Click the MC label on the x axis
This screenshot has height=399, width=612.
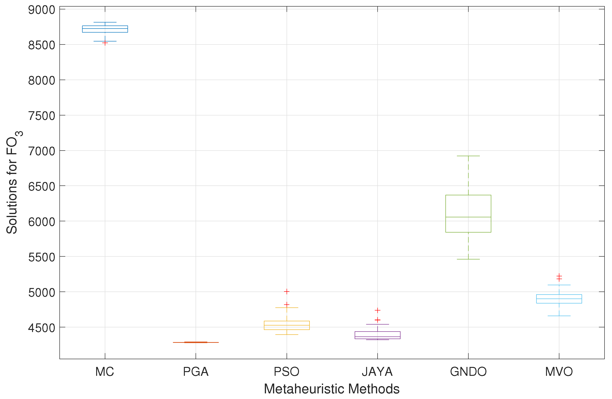(105, 372)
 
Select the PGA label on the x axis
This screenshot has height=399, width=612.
(196, 372)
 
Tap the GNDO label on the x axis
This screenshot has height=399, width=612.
(468, 372)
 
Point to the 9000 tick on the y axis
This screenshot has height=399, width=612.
(42, 10)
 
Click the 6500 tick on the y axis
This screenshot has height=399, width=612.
(42, 186)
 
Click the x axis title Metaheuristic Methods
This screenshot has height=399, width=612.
(332, 389)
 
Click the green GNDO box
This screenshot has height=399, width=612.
(468, 206)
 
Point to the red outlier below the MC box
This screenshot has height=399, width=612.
(105, 43)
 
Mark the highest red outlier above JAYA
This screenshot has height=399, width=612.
(378, 310)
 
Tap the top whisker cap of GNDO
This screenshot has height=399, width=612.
(468, 156)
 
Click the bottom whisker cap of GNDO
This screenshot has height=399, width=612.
(468, 259)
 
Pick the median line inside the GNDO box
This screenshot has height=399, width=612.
(468, 217)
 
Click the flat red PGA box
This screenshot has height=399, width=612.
(196, 342)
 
